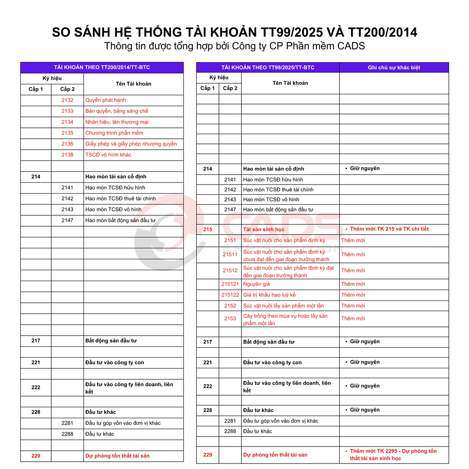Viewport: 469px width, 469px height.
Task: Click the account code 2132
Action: [x=67, y=100]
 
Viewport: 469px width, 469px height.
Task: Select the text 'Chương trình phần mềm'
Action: [x=114, y=133]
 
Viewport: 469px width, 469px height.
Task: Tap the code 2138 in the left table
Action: [x=67, y=155]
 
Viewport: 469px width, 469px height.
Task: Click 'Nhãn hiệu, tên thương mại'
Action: [x=117, y=122]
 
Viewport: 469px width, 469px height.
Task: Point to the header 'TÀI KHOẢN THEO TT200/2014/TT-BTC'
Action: [x=102, y=67]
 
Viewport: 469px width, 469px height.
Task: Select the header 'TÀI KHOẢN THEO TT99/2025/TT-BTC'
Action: [x=267, y=67]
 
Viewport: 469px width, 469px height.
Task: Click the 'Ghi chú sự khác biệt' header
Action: [x=394, y=67]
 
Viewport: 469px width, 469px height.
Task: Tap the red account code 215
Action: [x=207, y=229]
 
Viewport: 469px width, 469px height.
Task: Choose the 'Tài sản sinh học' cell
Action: [x=264, y=229]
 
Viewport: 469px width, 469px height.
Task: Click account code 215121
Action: [x=230, y=284]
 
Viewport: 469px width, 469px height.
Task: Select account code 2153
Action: [x=230, y=319]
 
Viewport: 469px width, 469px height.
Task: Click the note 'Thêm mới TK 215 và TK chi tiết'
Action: [x=389, y=229]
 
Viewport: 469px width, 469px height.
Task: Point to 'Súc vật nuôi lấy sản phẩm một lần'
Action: [x=283, y=306]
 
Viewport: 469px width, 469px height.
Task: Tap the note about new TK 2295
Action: [x=393, y=455]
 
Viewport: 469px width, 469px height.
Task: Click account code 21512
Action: [x=230, y=271]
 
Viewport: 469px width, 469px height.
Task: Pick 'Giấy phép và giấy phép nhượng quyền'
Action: [x=131, y=144]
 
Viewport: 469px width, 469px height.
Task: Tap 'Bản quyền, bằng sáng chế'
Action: [x=117, y=111]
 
